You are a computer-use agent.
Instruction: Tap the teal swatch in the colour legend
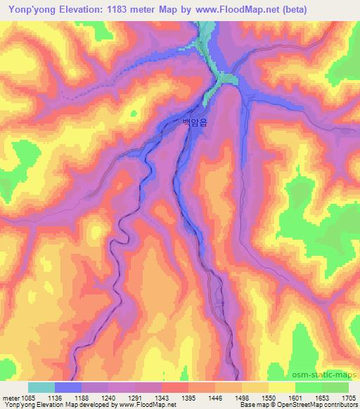pyautogui.click(x=41, y=387)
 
